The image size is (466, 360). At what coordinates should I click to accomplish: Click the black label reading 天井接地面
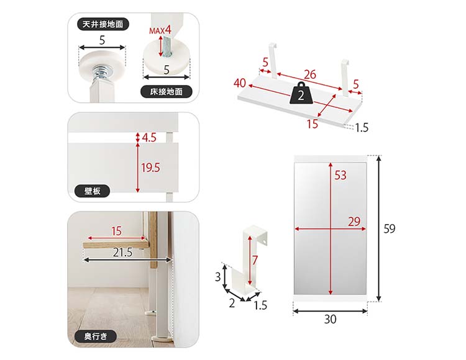[x=103, y=24]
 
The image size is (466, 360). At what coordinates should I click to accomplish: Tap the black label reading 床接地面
[x=166, y=91]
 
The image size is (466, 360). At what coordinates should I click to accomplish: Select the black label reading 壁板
[x=92, y=191]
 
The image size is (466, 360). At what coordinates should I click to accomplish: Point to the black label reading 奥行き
[x=96, y=336]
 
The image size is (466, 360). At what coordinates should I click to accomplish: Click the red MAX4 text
[x=160, y=30]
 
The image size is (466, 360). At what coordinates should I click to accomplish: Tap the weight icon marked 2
[x=301, y=94]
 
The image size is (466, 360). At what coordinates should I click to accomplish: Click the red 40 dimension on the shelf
[x=240, y=83]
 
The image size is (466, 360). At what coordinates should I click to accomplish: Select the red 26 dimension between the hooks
[x=310, y=74]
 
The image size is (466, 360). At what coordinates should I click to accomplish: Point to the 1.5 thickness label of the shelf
[x=362, y=128]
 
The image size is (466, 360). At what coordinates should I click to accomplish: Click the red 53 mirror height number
[x=340, y=175]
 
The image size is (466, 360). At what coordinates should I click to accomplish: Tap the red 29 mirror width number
[x=354, y=222]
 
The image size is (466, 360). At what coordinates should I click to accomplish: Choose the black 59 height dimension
[x=390, y=229]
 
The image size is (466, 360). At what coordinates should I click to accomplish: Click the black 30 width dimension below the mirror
[x=330, y=319]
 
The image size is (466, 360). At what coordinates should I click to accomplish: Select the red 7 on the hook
[x=255, y=260]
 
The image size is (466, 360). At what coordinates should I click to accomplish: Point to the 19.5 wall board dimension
[x=151, y=168]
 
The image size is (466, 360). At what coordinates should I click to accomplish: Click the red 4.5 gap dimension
[x=149, y=137]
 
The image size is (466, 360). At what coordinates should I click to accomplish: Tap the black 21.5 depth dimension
[x=123, y=253]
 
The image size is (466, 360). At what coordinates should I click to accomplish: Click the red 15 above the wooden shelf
[x=117, y=231]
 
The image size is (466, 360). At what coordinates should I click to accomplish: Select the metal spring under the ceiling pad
[x=99, y=74]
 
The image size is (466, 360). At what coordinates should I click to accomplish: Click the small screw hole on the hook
[x=265, y=242]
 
